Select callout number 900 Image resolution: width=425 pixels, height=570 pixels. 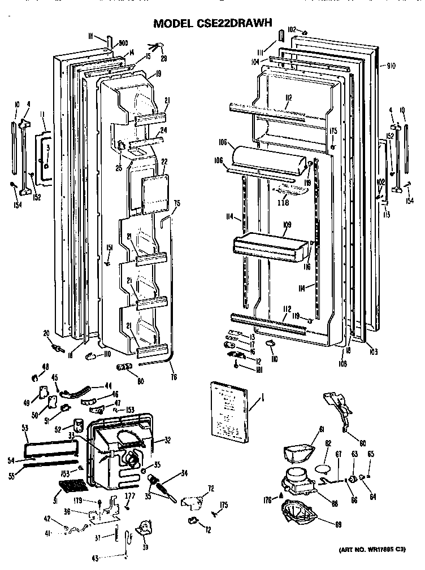pyautogui.click(x=124, y=42)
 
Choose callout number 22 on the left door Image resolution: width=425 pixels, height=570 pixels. pyautogui.click(x=164, y=162)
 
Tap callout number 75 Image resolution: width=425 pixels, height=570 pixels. pyautogui.click(x=176, y=203)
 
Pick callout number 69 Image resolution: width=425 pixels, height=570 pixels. pyautogui.click(x=339, y=525)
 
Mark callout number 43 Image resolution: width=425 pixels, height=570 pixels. pyautogui.click(x=95, y=559)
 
